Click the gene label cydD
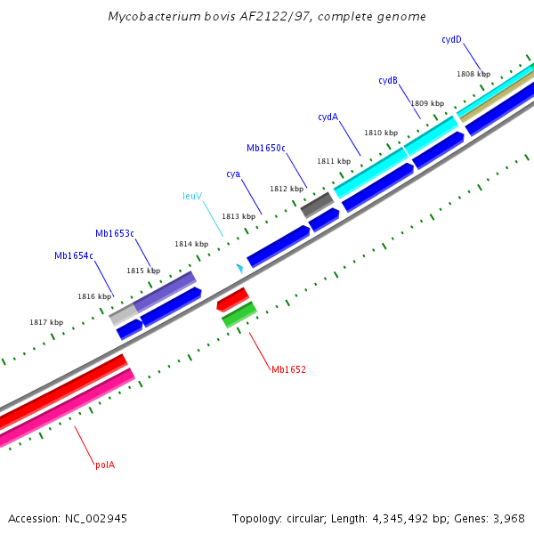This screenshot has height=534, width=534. pos(452,40)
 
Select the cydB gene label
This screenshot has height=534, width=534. pos(388,81)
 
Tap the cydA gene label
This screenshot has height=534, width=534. pos(328,117)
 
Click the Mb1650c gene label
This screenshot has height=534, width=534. pos(266,148)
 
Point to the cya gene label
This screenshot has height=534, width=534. pos(233,174)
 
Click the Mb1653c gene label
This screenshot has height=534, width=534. pos(115,233)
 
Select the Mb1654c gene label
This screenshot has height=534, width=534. pos(74,255)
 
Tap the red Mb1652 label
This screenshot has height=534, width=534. pos(289,368)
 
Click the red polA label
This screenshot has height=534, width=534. pos(105,465)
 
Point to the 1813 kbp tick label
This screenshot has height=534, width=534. pos(239,216)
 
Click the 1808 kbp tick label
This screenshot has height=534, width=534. pos(473,75)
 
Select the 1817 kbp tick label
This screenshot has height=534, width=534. pos(46,322)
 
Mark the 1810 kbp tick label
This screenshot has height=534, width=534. pos(381,133)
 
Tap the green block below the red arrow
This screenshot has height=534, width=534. pos(239,313)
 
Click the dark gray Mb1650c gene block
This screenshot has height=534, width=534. pos(316,206)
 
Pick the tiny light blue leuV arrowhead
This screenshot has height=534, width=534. pos(239,268)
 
